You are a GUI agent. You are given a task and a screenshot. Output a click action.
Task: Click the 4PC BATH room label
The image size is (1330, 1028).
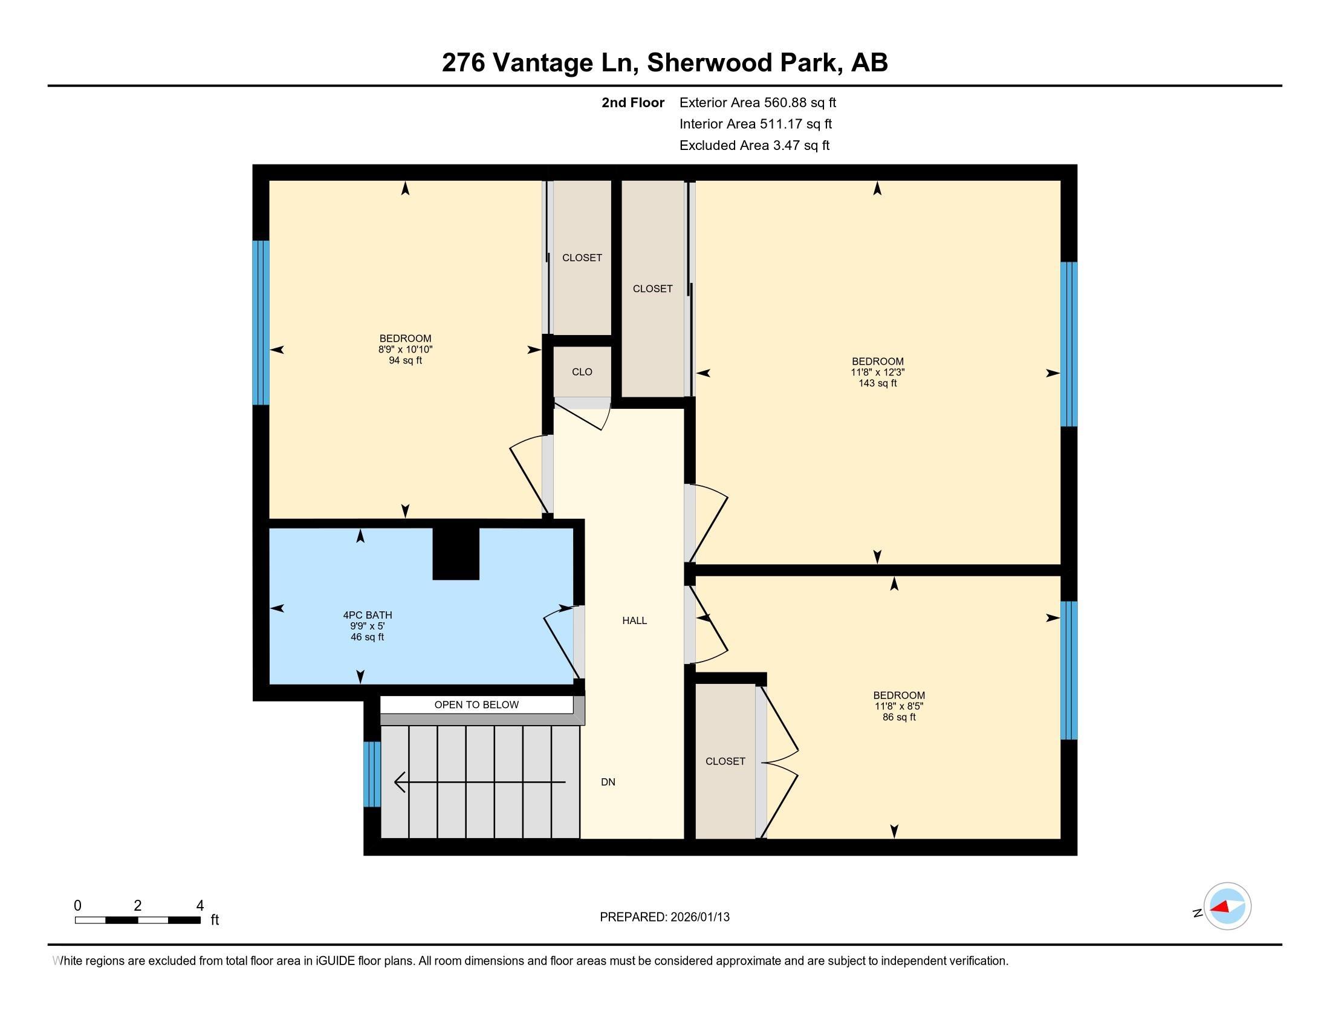pos(367,615)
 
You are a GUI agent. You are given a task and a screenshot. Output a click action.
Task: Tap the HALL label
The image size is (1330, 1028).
pos(635,620)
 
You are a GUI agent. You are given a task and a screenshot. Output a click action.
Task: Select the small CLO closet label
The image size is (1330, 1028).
pos(582,372)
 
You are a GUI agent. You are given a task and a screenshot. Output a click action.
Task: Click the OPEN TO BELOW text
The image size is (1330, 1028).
pos(476,704)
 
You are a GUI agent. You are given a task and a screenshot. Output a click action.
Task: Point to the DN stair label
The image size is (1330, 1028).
pos(608,782)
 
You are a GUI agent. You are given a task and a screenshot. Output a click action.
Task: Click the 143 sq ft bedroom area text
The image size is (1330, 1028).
pos(878,383)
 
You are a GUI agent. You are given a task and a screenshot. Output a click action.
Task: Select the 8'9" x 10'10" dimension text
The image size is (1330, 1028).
pos(406,350)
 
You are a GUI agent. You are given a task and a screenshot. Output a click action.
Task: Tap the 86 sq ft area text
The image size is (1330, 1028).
pos(900,717)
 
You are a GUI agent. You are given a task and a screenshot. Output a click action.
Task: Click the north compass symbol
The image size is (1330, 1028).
pos(1227,906)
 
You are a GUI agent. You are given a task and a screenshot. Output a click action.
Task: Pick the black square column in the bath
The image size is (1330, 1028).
pos(455,553)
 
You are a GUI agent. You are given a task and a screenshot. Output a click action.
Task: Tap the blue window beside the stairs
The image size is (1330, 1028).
pos(372,774)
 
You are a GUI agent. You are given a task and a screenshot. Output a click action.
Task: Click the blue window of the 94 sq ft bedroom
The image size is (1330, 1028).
pos(261,323)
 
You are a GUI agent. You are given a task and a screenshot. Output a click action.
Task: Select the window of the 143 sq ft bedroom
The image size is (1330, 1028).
pos(1069,344)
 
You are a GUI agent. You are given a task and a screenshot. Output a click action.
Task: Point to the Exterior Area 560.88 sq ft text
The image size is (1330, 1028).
pos(758,103)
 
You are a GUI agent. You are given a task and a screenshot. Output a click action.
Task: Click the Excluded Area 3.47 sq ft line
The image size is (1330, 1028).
pos(754,146)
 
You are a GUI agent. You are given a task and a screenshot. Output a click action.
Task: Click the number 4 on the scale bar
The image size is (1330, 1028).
pos(199,906)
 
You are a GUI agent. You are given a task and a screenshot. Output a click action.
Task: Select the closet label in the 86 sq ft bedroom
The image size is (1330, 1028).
pos(725,761)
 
